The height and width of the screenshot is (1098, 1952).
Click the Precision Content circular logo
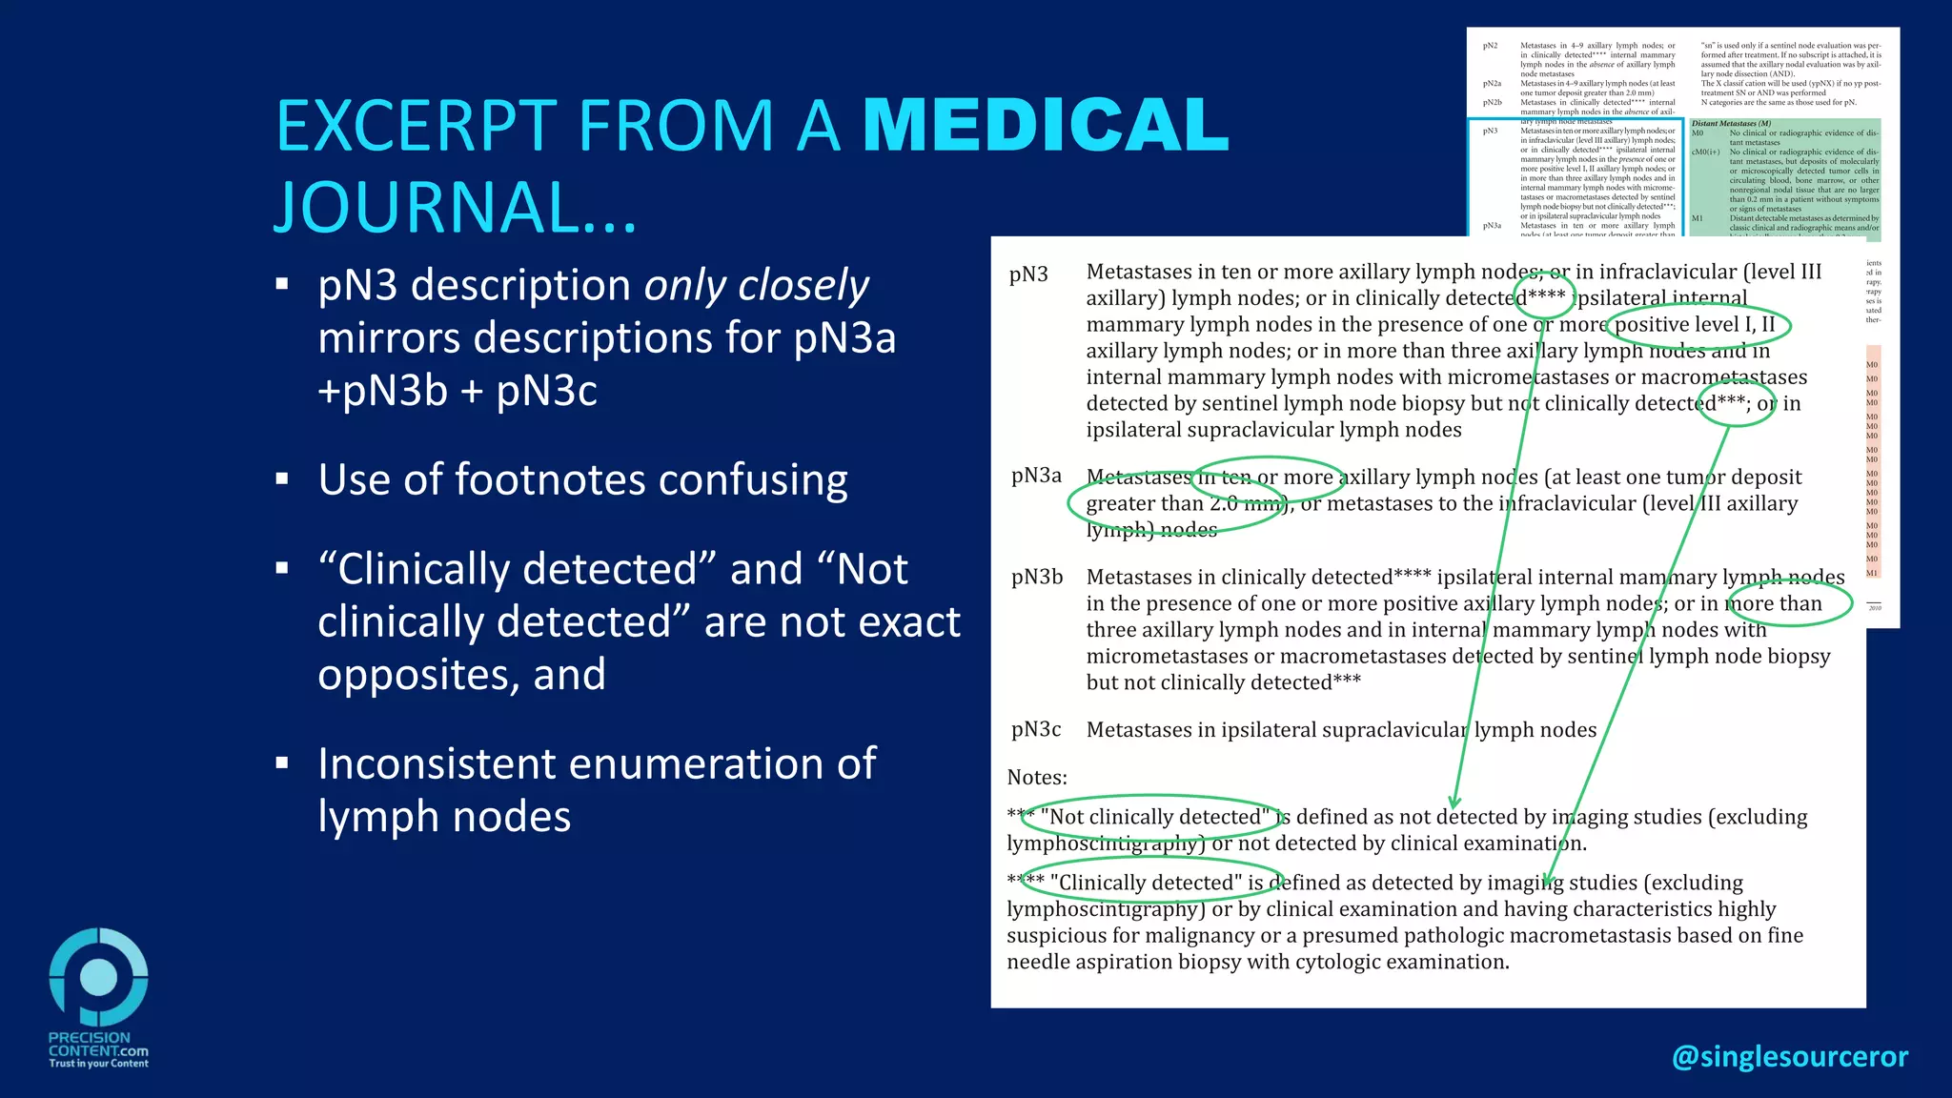(99, 977)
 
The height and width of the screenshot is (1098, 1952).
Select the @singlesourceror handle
(1789, 1056)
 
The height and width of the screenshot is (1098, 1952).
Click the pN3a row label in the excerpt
(1035, 476)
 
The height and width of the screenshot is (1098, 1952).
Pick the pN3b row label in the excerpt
(1036, 577)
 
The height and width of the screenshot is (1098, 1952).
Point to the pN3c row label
(1035, 729)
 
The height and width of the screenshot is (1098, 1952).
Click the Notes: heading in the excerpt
(1037, 777)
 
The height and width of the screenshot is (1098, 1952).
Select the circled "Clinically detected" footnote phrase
(1154, 883)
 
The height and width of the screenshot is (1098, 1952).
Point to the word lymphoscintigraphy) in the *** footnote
(1106, 844)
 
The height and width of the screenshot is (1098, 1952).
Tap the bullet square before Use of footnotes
(282, 479)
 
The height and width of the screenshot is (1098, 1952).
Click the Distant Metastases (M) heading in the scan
(1731, 123)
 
